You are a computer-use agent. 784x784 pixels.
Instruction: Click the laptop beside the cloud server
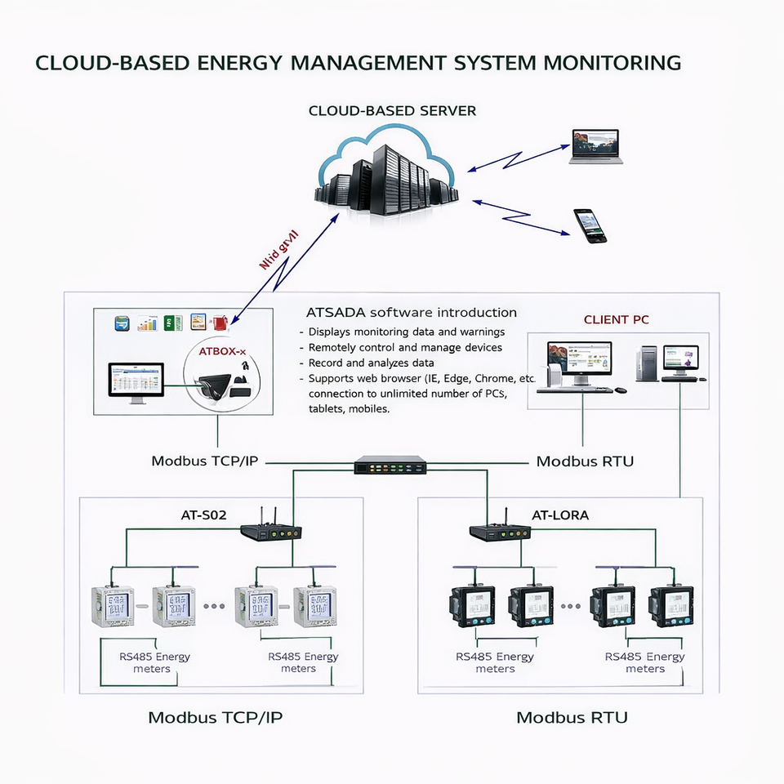[x=595, y=146]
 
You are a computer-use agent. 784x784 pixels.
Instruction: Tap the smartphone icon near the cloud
[x=590, y=225]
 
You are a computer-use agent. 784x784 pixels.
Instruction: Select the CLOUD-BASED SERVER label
[x=392, y=110]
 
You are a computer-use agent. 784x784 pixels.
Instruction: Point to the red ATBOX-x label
[x=221, y=351]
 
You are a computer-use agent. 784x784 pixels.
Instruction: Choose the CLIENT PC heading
[x=617, y=319]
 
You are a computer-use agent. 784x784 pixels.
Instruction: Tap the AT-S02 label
[x=203, y=515]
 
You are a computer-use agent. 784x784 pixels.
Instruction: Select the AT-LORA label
[x=560, y=515]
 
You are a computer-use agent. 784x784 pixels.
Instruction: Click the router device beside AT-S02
[x=271, y=531]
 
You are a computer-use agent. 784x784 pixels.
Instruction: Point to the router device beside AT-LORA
[x=501, y=531]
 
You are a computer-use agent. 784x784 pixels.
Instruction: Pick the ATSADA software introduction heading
[x=411, y=313]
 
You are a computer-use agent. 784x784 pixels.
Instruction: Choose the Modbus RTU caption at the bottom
[x=572, y=718]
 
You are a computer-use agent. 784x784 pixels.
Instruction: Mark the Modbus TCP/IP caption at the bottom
[x=216, y=718]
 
